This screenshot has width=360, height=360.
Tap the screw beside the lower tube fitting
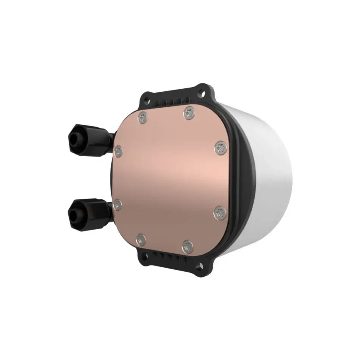point(118,205)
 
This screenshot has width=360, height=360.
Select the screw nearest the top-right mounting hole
point(189,111)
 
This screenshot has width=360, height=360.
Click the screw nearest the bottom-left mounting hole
point(141,239)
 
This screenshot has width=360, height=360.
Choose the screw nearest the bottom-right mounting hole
point(187,247)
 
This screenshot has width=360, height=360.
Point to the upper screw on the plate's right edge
point(221,148)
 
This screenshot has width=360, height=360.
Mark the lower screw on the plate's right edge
point(219,213)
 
